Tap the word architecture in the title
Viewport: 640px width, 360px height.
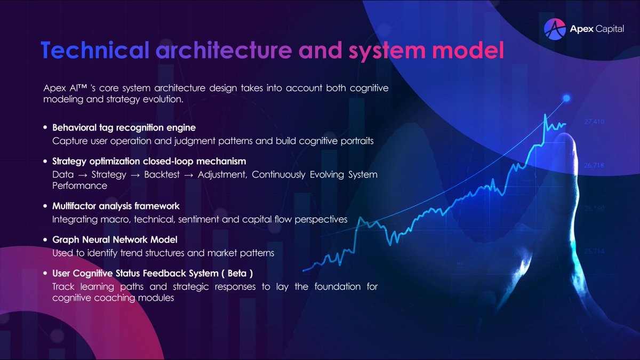[223, 51]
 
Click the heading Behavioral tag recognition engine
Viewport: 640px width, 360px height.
[124, 128]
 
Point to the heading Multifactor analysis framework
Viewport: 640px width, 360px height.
[115, 205]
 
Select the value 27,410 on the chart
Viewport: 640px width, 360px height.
[594, 122]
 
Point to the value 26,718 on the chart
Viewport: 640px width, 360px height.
[594, 165]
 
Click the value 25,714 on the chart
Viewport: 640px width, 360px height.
[594, 251]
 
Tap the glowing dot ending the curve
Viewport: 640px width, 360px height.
[566, 98]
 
